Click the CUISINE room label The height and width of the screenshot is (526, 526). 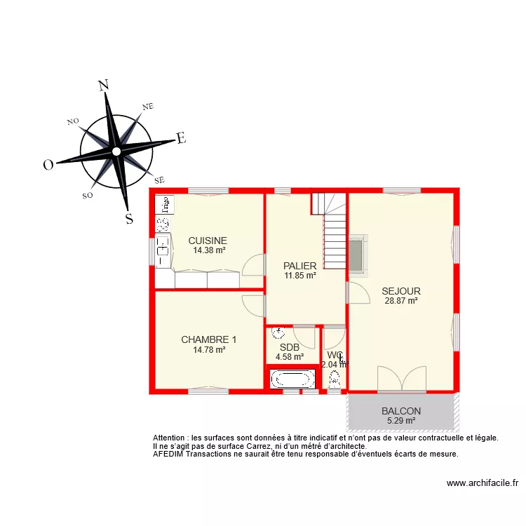(x=208, y=241)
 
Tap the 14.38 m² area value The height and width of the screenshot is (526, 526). (x=208, y=250)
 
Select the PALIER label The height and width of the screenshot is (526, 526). (x=300, y=266)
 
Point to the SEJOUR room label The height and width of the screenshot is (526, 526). (x=401, y=291)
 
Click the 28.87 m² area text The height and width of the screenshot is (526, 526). (x=401, y=301)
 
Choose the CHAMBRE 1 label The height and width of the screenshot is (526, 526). (x=209, y=339)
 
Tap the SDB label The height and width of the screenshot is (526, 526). (x=290, y=346)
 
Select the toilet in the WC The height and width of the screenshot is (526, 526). (x=335, y=379)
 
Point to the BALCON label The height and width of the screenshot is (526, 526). (x=401, y=411)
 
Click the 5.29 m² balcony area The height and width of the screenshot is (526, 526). (x=401, y=421)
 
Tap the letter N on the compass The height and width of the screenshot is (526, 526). (x=104, y=86)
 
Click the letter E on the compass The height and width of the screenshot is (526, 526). (x=180, y=138)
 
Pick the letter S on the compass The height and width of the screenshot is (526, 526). (x=128, y=218)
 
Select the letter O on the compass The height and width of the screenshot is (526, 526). (x=48, y=165)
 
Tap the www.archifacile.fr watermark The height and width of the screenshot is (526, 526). (x=482, y=483)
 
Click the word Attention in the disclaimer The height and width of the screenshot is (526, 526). (x=170, y=438)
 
